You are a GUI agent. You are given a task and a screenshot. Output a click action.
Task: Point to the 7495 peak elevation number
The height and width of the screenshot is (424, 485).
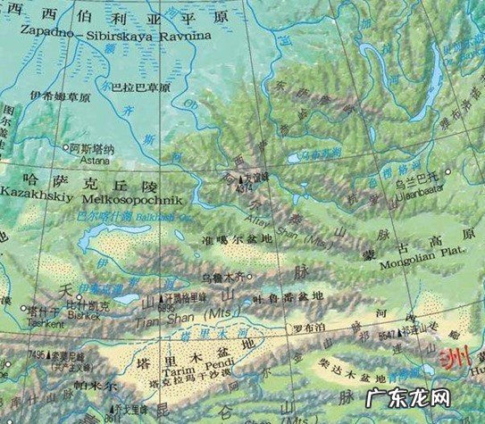(37, 354)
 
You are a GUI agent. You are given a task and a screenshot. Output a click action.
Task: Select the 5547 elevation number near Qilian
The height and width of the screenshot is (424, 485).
(390, 330)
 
